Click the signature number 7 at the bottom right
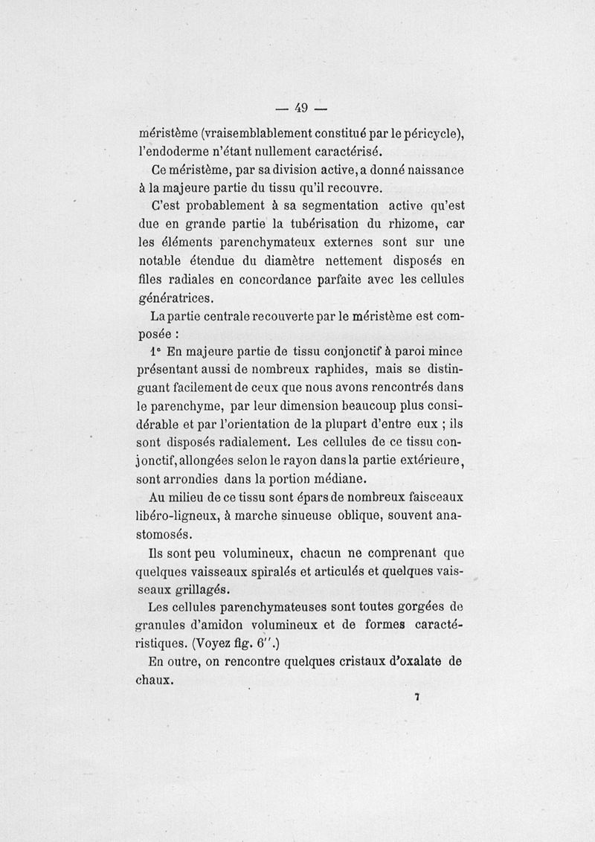point(418,697)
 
